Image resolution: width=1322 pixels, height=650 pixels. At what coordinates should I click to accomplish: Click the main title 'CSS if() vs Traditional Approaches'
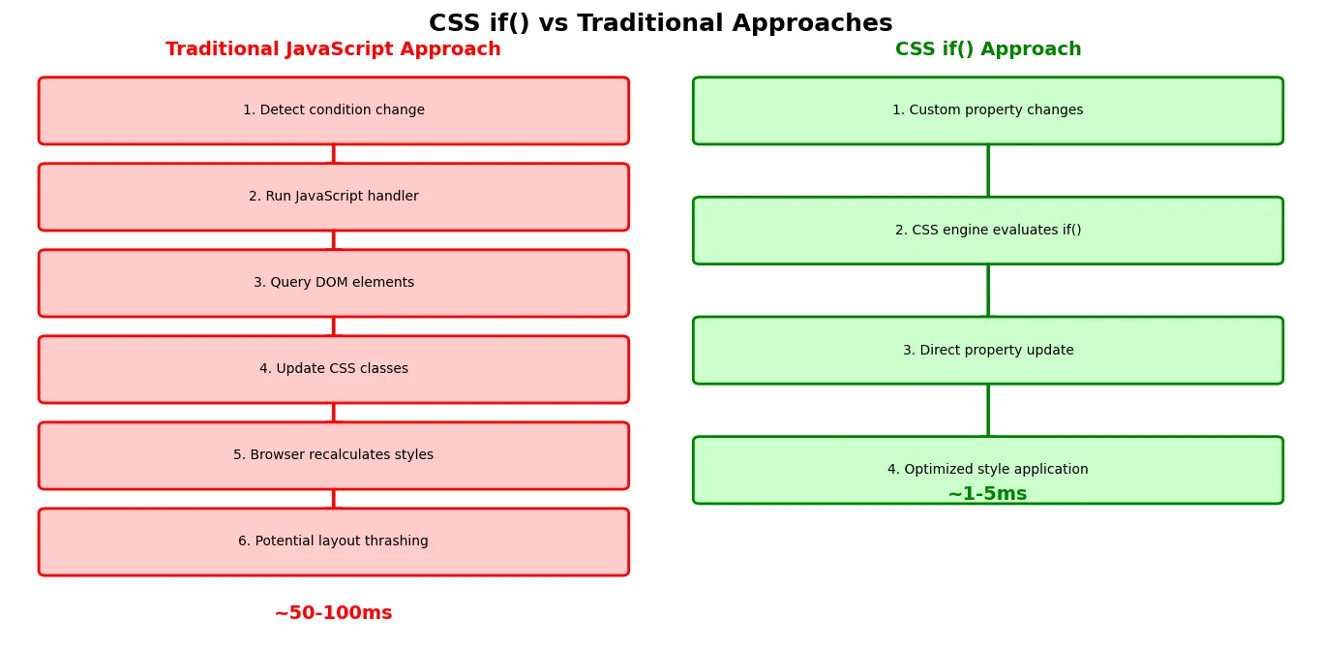coord(660,23)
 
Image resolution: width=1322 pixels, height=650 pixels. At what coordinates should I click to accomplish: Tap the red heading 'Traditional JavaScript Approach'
coord(333,49)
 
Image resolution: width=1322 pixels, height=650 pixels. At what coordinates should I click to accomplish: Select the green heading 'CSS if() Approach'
coord(988,49)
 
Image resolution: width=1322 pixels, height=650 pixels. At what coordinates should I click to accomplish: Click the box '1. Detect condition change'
coord(334,110)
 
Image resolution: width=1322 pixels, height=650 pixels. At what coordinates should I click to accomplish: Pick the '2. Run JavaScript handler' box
coord(334,197)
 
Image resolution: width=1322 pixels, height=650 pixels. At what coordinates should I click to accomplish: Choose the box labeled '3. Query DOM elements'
coord(334,283)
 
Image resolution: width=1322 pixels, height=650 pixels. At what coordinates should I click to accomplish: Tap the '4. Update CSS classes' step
coord(334,369)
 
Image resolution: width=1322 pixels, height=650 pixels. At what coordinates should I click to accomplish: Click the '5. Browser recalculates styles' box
coord(334,455)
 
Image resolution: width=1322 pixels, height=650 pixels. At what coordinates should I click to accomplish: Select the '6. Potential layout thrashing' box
coord(334,542)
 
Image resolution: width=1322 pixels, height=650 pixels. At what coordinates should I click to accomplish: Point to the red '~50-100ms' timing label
coord(334,613)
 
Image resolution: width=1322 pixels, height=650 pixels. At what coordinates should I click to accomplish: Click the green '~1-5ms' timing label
coord(988,493)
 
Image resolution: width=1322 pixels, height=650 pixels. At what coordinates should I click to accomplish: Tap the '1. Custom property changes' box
coord(988,110)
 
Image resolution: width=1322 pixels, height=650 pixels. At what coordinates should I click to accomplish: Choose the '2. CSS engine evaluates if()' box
coord(988,231)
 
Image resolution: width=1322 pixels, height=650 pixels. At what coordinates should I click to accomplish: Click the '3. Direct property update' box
coord(988,351)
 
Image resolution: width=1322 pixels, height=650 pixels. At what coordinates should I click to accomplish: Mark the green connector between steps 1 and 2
coord(988,170)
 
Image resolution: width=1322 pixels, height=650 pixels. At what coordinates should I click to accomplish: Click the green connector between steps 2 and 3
coord(988,291)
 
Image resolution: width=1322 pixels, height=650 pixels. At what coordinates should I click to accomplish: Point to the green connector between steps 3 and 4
coord(988,411)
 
